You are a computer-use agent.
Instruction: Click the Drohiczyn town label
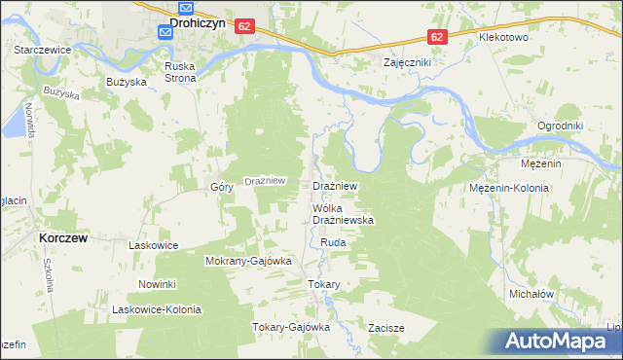click(199, 21)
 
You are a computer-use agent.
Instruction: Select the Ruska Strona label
click(180, 72)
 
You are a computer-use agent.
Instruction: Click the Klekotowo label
click(502, 37)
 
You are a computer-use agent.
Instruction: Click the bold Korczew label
click(65, 236)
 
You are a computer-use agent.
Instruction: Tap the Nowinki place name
click(156, 284)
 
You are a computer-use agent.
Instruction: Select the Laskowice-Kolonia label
click(157, 309)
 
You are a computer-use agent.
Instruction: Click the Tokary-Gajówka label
click(292, 327)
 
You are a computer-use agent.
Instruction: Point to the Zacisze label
click(386, 328)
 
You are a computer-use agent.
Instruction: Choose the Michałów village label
click(531, 293)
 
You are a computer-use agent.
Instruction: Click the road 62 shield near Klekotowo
click(436, 37)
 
